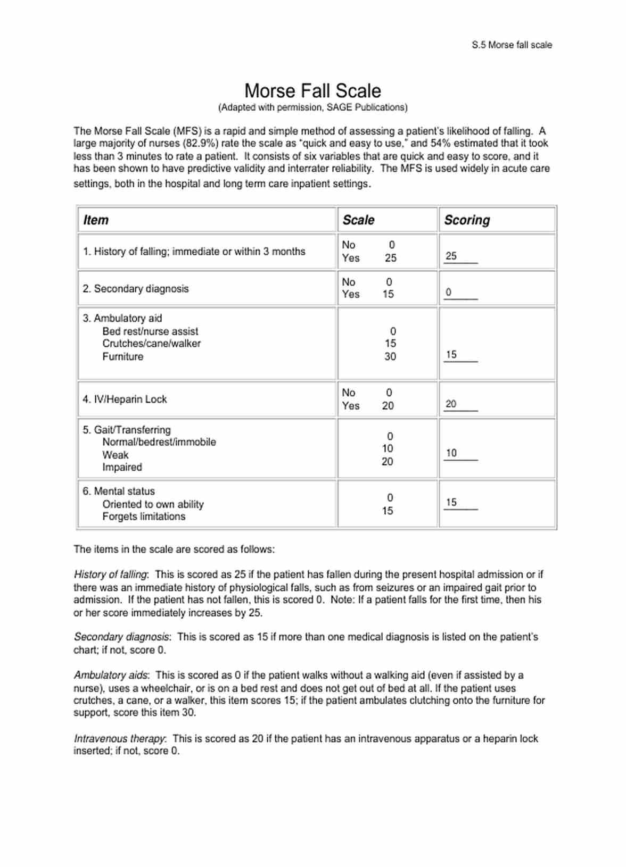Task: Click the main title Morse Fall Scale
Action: [x=312, y=90]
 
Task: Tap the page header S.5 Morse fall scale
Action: [x=512, y=45]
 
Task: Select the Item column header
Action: [x=96, y=220]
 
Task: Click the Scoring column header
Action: [x=467, y=220]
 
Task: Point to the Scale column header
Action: [x=358, y=220]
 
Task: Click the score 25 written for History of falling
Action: [x=451, y=256]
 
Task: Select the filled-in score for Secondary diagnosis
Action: [x=448, y=292]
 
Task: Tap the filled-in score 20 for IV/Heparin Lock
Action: [x=451, y=404]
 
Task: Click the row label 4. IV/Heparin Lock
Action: [x=125, y=399]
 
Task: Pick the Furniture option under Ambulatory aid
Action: [x=123, y=356]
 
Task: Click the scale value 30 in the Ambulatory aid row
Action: [x=390, y=356]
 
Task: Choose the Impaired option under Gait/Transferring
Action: [x=122, y=467]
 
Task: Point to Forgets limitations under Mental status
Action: [x=144, y=516]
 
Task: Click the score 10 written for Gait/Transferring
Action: [x=451, y=453]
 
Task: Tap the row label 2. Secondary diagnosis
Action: [x=135, y=288]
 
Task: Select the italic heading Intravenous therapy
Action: [x=120, y=738]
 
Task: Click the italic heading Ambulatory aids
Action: [x=111, y=675]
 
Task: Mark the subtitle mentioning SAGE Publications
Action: [x=312, y=107]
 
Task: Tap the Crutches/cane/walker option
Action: [x=152, y=343]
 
